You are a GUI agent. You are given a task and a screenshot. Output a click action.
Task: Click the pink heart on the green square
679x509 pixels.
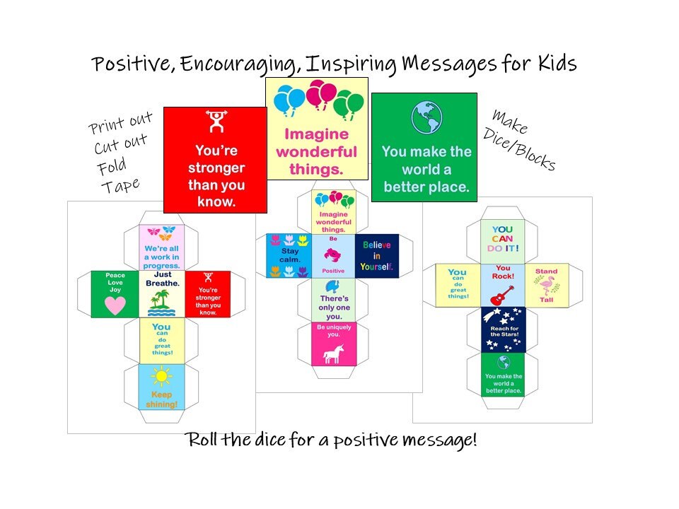pyautogui.click(x=115, y=305)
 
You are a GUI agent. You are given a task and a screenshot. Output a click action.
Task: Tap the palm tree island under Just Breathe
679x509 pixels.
pyautogui.click(x=161, y=303)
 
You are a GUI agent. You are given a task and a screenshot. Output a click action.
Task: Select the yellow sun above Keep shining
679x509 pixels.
pyautogui.click(x=161, y=376)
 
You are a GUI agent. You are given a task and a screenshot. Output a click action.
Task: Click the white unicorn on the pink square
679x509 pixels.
pyautogui.click(x=333, y=353)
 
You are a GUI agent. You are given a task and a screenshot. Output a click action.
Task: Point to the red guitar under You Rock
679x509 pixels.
pyautogui.click(x=502, y=296)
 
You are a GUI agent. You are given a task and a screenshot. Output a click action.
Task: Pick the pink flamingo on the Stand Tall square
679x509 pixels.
pyautogui.click(x=547, y=285)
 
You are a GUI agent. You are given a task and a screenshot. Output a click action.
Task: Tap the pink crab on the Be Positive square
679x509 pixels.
pyautogui.click(x=332, y=255)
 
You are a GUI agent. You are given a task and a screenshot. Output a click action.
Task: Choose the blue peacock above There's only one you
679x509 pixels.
pyautogui.click(x=332, y=286)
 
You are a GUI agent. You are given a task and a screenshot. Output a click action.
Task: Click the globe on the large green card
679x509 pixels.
pyautogui.click(x=426, y=117)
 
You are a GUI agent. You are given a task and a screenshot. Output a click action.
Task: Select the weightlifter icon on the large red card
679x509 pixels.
pyautogui.click(x=216, y=121)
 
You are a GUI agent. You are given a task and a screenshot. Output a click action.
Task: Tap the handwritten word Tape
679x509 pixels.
pyautogui.click(x=120, y=186)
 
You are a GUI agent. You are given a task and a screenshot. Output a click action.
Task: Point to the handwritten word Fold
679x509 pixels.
pyautogui.click(x=112, y=165)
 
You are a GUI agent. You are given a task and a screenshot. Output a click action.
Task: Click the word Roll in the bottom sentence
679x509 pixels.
pyautogui.click(x=202, y=439)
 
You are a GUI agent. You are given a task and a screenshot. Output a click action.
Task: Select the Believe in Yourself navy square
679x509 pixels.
pyautogui.click(x=377, y=256)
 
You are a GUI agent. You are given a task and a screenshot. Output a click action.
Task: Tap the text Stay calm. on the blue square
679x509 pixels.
pyautogui.click(x=290, y=255)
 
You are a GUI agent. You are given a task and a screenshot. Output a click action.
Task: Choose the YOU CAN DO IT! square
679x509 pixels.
pyautogui.click(x=502, y=242)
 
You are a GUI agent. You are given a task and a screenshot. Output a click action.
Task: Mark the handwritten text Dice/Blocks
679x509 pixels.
pyautogui.click(x=519, y=149)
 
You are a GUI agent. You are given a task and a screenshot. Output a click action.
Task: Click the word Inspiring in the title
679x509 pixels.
pyautogui.click(x=351, y=64)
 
